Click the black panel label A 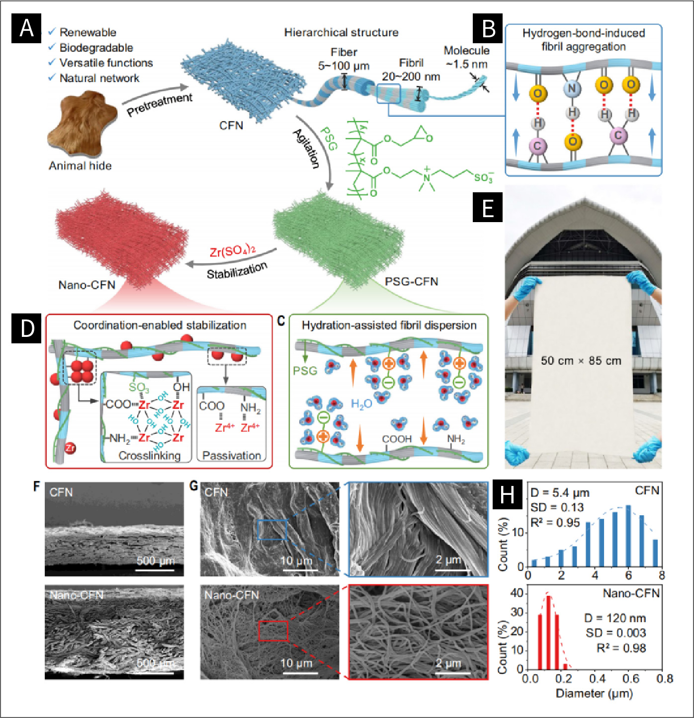click(x=26, y=28)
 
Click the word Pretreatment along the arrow click(x=159, y=104)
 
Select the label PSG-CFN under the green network click(x=411, y=282)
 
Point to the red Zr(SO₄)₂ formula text click(x=232, y=251)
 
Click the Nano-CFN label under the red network click(x=87, y=285)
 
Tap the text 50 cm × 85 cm click(x=581, y=361)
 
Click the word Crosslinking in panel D click(x=149, y=455)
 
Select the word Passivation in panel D click(x=232, y=455)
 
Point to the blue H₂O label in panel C click(x=361, y=404)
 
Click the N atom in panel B click(x=572, y=89)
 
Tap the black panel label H click(x=507, y=495)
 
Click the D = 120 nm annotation click(x=615, y=618)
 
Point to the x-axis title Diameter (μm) click(x=594, y=694)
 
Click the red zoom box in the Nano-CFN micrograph click(x=273, y=631)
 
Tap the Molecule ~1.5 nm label click(x=466, y=57)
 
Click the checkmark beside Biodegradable click(x=52, y=48)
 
